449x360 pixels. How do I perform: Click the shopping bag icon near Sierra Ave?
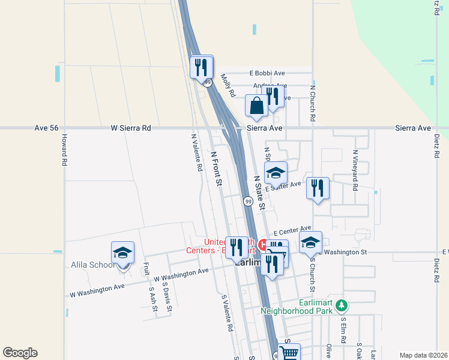[x=256, y=106]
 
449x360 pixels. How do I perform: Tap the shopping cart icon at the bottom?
[x=289, y=352]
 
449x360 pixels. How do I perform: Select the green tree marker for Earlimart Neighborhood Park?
[x=342, y=306]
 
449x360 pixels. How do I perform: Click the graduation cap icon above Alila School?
[x=122, y=253]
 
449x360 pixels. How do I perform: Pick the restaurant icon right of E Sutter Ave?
[x=318, y=188]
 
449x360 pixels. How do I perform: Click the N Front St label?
[x=216, y=167]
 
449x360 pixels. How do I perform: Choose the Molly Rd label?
[x=228, y=84]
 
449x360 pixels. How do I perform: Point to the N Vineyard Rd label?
[x=355, y=170]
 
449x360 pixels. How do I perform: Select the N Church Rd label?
[x=313, y=103]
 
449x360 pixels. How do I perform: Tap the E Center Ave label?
[x=292, y=230]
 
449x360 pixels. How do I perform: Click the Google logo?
[x=20, y=353]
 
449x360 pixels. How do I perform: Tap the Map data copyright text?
[x=423, y=355]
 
